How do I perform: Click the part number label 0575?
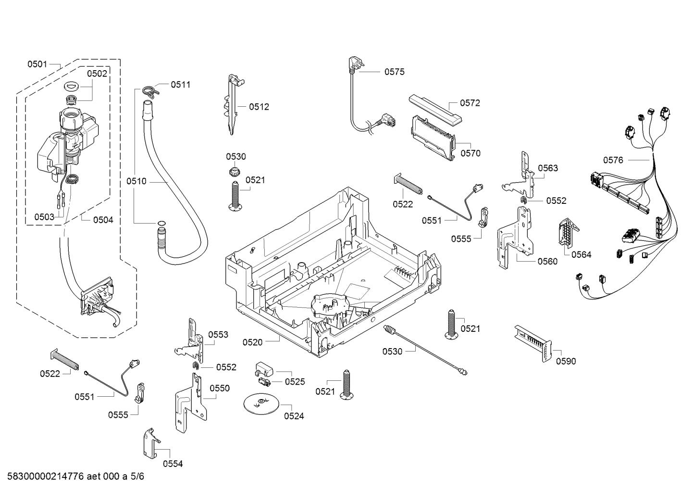(394, 72)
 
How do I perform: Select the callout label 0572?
(470, 103)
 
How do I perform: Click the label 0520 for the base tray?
(252, 342)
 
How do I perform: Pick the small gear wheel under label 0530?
(235, 171)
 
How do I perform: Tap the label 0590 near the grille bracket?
(566, 361)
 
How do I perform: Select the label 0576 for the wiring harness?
(613, 160)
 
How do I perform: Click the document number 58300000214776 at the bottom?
(46, 476)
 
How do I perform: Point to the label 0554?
(173, 464)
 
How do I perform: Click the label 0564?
(582, 254)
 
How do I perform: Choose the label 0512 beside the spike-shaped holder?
(259, 107)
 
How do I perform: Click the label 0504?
(103, 220)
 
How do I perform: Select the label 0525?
(295, 382)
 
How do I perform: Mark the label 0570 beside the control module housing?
(470, 153)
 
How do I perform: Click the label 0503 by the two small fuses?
(44, 217)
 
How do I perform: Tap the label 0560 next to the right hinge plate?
(547, 261)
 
